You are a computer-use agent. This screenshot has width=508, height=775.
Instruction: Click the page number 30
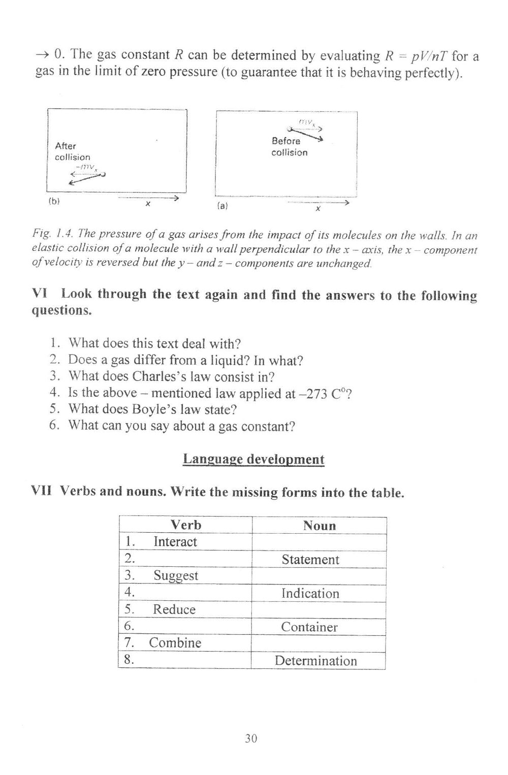tap(251, 738)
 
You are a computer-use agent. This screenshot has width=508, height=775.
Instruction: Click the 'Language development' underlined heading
tap(253, 459)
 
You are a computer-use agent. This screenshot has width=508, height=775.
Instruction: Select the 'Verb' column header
tap(185, 525)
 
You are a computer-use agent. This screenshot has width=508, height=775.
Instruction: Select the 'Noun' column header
tap(320, 526)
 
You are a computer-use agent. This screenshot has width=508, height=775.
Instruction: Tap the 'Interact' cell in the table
tap(175, 542)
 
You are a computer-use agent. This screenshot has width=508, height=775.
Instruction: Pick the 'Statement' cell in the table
tap(310, 560)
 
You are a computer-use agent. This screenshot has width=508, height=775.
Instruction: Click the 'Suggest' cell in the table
tap(175, 576)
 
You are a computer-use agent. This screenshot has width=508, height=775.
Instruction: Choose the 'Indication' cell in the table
tap(310, 593)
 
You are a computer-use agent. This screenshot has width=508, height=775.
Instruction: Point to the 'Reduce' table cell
tap(174, 609)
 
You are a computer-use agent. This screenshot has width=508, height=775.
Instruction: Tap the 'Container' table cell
tap(309, 627)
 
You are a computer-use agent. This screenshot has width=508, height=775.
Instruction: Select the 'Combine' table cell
tap(175, 643)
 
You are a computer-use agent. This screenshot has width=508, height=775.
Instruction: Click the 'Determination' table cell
tap(315, 661)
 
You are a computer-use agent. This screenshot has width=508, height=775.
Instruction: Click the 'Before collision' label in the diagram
tap(289, 147)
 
